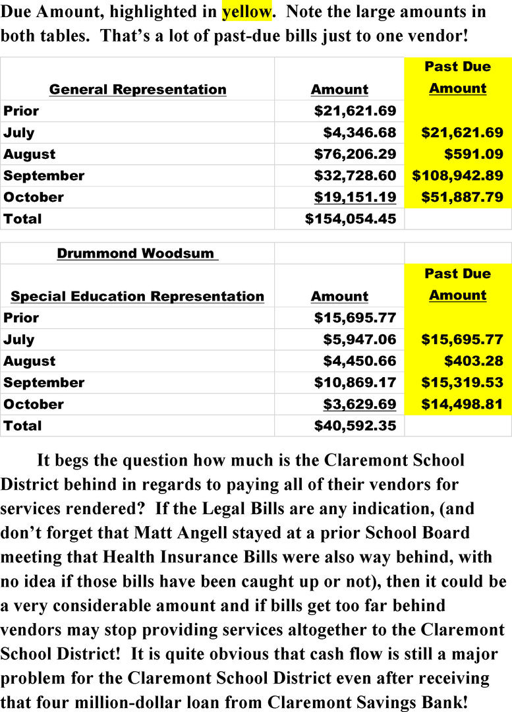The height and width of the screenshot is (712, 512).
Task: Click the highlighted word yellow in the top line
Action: point(247,11)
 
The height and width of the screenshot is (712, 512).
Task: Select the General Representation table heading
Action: point(138,90)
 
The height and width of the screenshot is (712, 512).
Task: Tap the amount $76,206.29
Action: point(355,154)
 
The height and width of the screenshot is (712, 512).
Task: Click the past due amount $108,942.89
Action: point(458,176)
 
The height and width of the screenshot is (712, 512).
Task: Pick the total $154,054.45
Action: point(351,219)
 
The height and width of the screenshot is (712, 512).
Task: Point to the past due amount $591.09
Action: point(474,154)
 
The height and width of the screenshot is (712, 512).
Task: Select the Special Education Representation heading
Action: point(137,297)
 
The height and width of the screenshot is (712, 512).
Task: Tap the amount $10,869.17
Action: point(355,382)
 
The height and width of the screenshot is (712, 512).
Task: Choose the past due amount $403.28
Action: point(474,361)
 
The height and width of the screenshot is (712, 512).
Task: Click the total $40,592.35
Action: point(355,426)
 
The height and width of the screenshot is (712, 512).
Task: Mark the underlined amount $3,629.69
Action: point(359,404)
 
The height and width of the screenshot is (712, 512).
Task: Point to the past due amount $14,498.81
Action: point(463,404)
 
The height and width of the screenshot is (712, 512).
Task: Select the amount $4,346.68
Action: point(359,133)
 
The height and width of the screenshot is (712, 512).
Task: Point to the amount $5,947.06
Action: point(359,340)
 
